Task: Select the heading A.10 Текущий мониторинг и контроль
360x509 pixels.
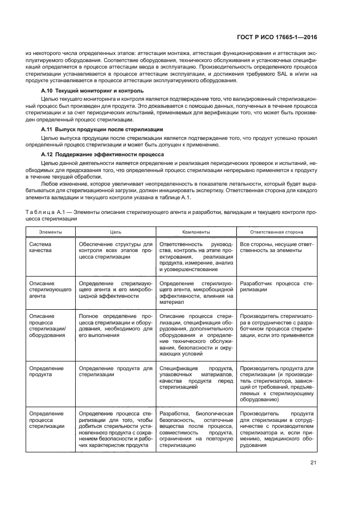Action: coord(93,90)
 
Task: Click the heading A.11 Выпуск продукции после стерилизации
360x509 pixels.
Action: coord(102,130)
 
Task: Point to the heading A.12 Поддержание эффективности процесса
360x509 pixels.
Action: coord(103,155)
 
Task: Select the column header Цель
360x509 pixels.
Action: coord(115,232)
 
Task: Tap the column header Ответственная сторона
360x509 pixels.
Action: coord(277,232)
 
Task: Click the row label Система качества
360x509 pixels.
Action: coord(41,248)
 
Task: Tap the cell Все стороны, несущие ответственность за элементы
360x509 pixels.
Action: coord(276,248)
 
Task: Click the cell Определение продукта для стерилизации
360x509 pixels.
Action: coord(115,372)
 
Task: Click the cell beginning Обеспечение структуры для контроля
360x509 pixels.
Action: coord(115,252)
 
